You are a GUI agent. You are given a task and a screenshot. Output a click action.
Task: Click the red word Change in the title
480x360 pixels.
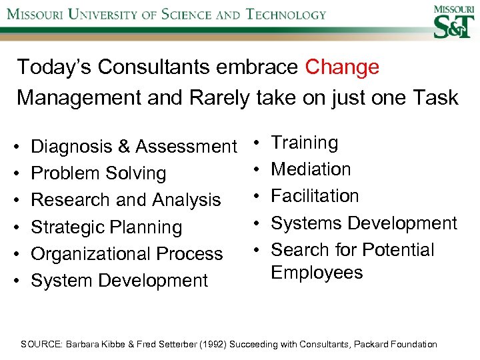click(342, 67)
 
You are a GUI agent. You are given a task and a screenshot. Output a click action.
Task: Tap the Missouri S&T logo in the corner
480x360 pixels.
click(454, 23)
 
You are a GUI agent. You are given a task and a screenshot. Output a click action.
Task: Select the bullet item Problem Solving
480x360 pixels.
click(98, 173)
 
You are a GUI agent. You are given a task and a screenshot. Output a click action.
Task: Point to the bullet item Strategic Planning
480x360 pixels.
click(106, 227)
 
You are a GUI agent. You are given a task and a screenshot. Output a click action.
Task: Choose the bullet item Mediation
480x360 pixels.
click(311, 169)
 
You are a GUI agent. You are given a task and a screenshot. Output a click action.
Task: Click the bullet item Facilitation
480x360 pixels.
click(315, 196)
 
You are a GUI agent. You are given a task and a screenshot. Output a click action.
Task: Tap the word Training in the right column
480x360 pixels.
click(305, 143)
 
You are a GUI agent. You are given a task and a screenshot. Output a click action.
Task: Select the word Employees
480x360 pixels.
click(317, 273)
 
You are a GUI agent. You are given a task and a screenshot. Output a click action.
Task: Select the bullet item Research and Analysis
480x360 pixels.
click(126, 200)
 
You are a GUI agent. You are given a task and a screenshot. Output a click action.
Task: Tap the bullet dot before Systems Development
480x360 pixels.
click(257, 223)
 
